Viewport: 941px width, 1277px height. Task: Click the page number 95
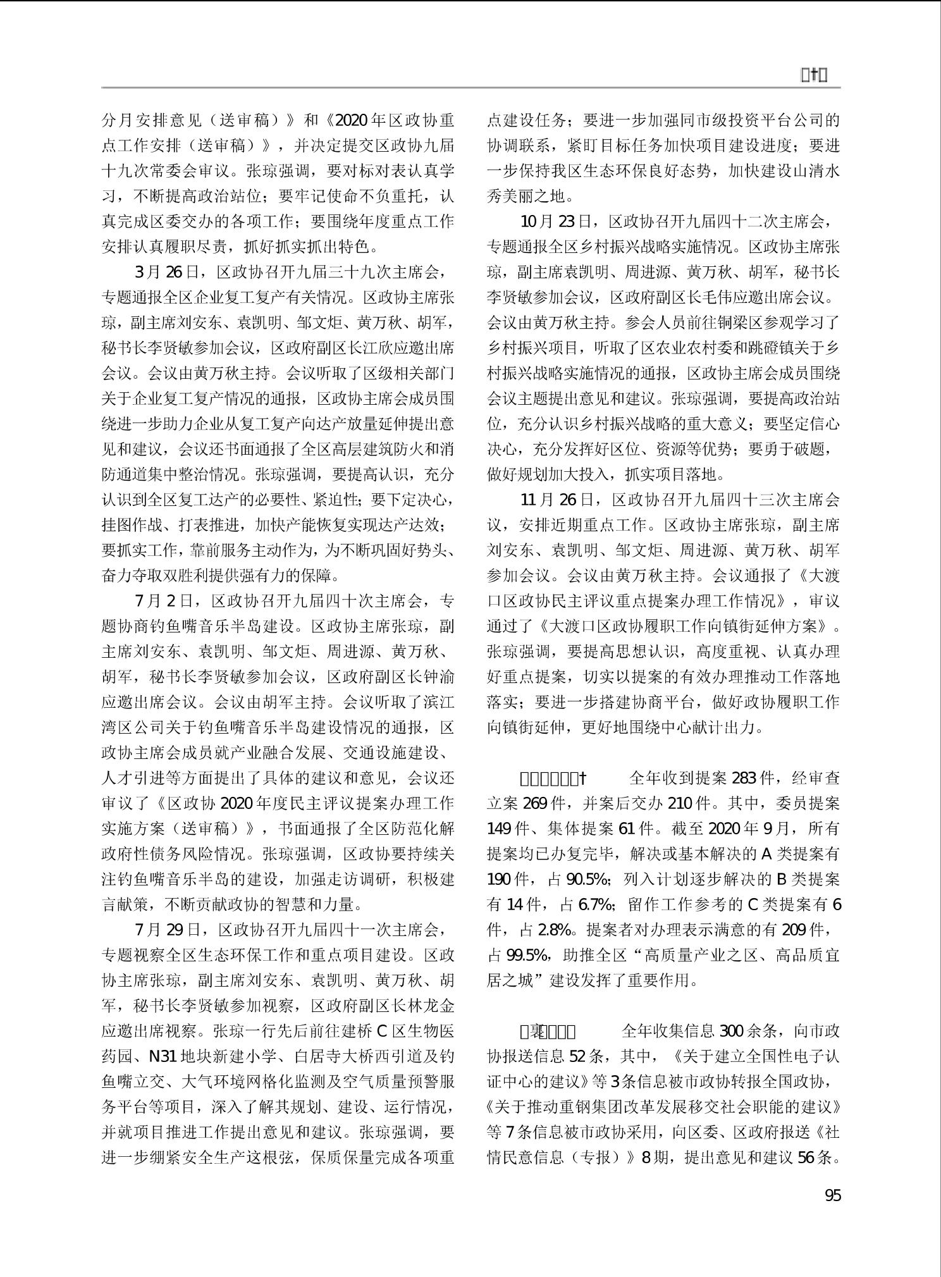(x=832, y=1195)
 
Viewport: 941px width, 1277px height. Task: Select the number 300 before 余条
(x=730, y=1032)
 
